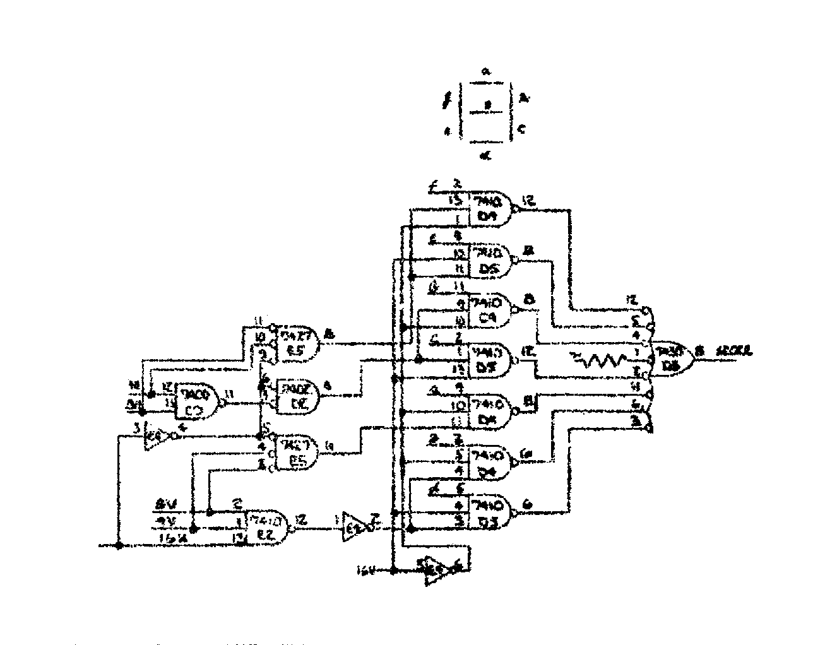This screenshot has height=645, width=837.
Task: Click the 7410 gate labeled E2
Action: click(265, 528)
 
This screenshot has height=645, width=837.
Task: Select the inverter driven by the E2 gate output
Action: click(354, 525)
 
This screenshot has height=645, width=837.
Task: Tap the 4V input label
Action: click(165, 521)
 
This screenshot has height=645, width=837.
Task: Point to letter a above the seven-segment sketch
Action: click(486, 71)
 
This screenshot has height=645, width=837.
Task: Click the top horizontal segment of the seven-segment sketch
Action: click(486, 83)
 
